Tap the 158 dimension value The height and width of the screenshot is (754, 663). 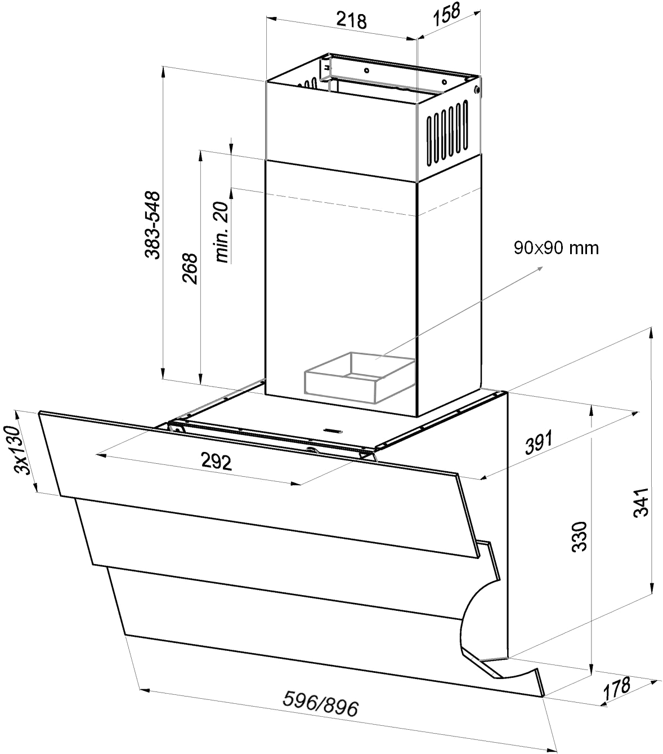(446, 14)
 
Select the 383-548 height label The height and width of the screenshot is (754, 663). (153, 225)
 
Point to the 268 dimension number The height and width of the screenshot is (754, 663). (190, 269)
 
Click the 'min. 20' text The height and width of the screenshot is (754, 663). (222, 232)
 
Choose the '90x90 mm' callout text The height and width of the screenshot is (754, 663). (556, 248)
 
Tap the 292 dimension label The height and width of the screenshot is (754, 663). (216, 462)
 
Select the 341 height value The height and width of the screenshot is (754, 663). (640, 502)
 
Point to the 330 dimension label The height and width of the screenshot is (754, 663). (579, 536)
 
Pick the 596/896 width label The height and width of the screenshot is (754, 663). (320, 703)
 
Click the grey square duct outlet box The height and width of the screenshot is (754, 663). (360, 378)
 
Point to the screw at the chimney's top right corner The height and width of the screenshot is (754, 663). (477, 90)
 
